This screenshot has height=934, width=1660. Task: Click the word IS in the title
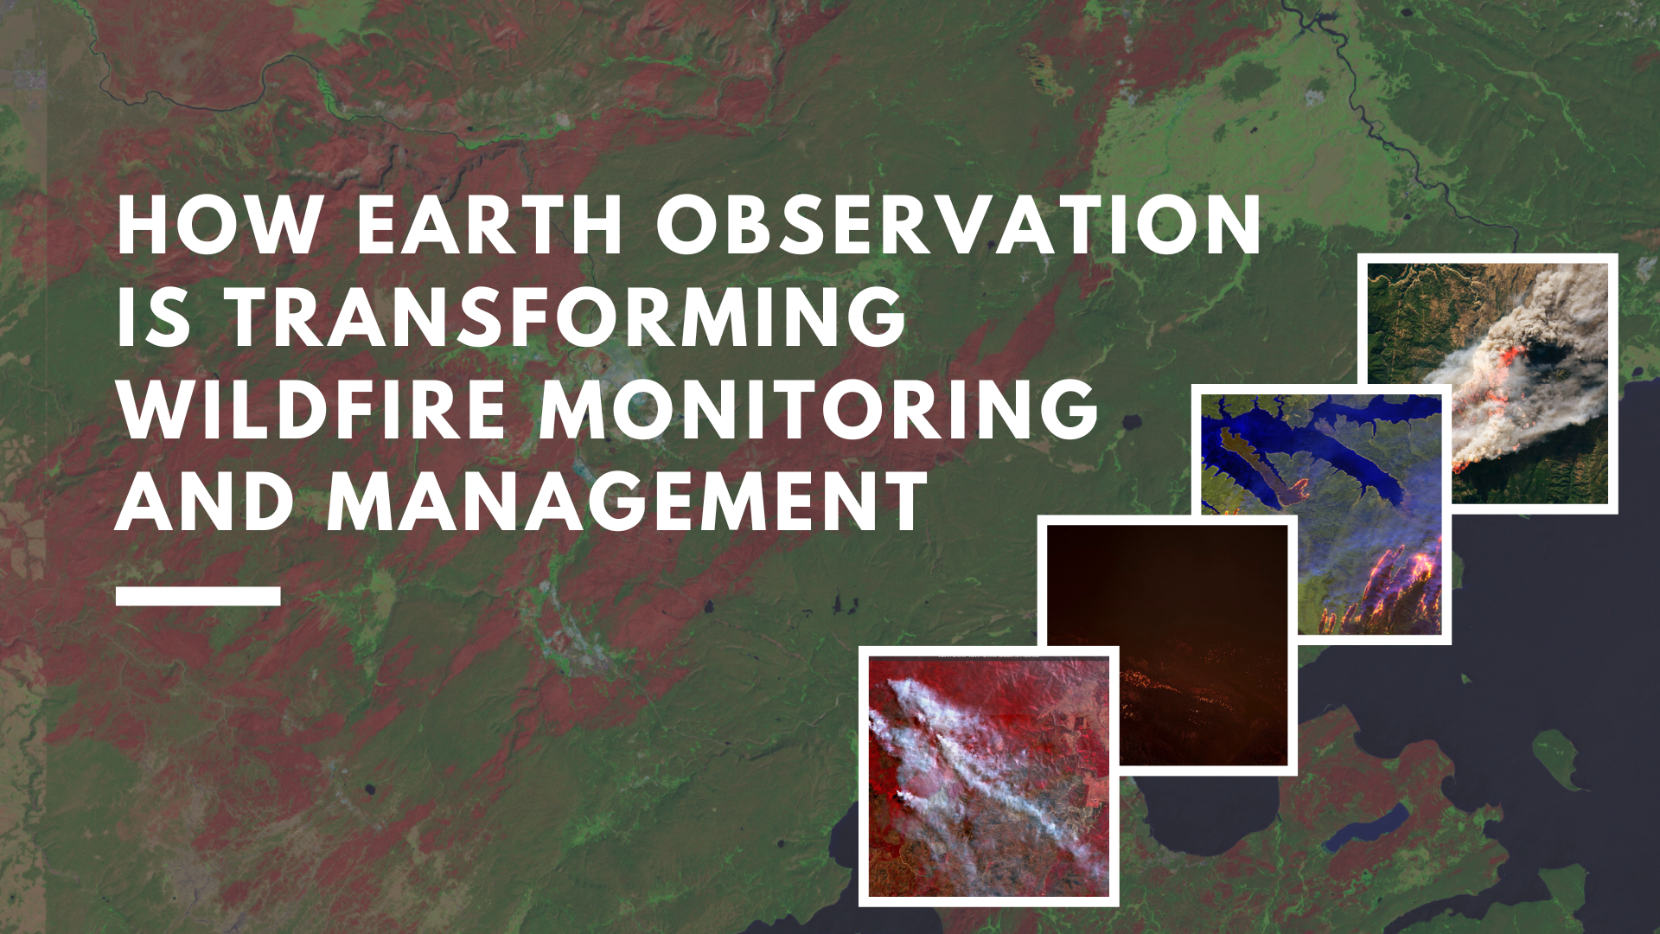(x=153, y=317)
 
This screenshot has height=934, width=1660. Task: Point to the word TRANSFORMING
(x=567, y=317)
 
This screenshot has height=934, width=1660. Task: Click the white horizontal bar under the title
(x=198, y=596)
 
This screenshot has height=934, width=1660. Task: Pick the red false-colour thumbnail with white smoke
(x=988, y=776)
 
